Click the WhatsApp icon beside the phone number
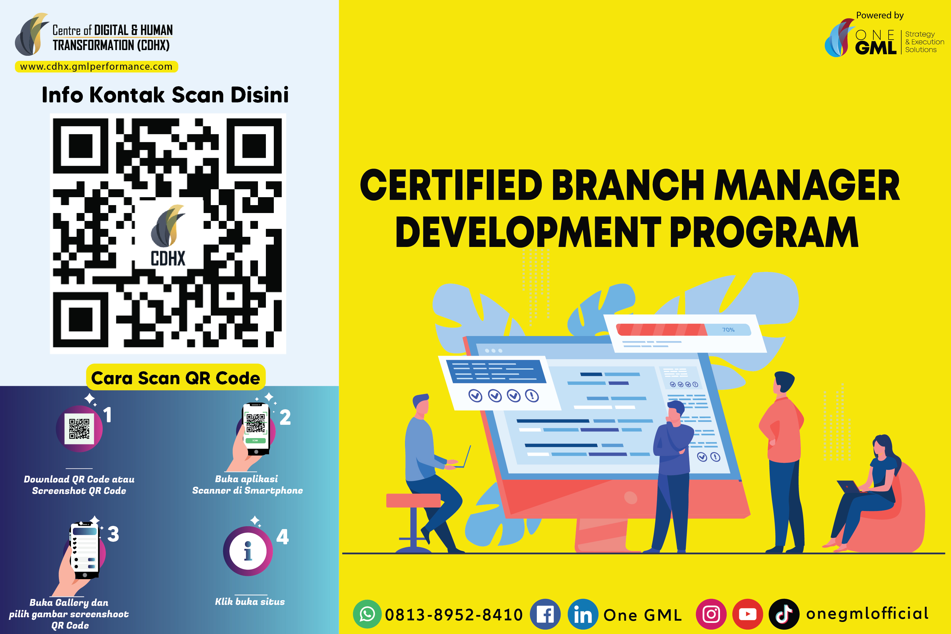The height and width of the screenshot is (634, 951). [x=367, y=614]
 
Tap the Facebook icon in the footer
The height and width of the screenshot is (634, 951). [x=545, y=614]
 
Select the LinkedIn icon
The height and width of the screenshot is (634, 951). [x=583, y=614]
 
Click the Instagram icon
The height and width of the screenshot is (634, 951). [x=711, y=614]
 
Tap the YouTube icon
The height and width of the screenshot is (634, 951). [x=747, y=614]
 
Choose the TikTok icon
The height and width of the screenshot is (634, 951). [x=784, y=614]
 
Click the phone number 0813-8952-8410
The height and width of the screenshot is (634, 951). [x=454, y=615]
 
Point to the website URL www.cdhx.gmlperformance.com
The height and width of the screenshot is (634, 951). [x=96, y=66]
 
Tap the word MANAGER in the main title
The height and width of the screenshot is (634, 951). [x=807, y=185]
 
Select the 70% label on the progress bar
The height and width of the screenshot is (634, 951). [x=728, y=330]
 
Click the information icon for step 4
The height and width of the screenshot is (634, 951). [x=248, y=551]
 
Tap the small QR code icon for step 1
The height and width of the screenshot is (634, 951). [x=79, y=429]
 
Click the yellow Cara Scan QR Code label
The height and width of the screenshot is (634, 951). [x=176, y=377]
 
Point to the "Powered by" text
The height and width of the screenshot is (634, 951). [x=880, y=15]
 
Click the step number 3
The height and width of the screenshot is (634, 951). [x=113, y=534]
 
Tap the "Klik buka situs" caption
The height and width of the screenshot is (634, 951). [x=250, y=602]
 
